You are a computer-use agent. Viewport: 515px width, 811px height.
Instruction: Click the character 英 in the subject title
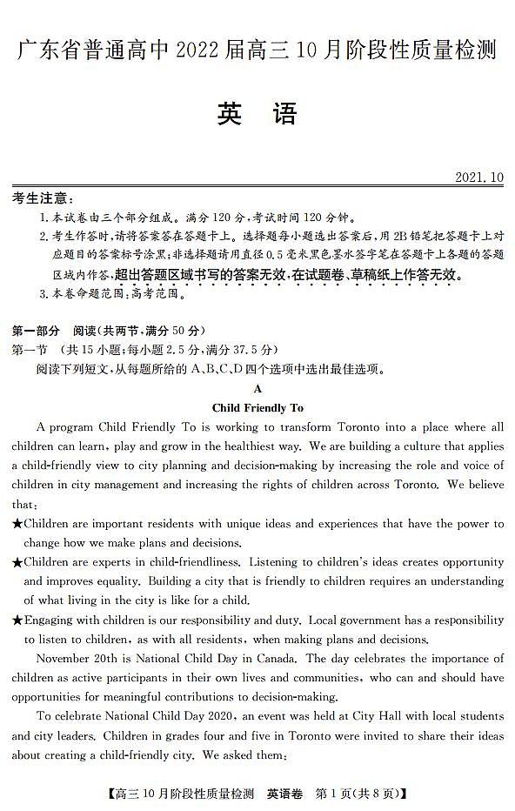(230, 114)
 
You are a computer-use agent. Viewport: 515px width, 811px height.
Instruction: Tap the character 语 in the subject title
(284, 114)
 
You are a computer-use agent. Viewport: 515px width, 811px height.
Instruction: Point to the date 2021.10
(479, 178)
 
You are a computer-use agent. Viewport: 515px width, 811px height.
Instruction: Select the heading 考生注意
(42, 199)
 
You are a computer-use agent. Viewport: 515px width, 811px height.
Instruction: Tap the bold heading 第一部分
(37, 331)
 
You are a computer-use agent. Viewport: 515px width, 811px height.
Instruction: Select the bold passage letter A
(257, 389)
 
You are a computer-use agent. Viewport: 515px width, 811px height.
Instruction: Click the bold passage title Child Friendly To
(257, 407)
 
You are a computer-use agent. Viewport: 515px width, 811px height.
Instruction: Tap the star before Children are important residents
(17, 525)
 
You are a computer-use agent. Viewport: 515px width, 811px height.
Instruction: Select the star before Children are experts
(17, 563)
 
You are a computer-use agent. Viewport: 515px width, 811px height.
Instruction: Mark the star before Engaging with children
(17, 620)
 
